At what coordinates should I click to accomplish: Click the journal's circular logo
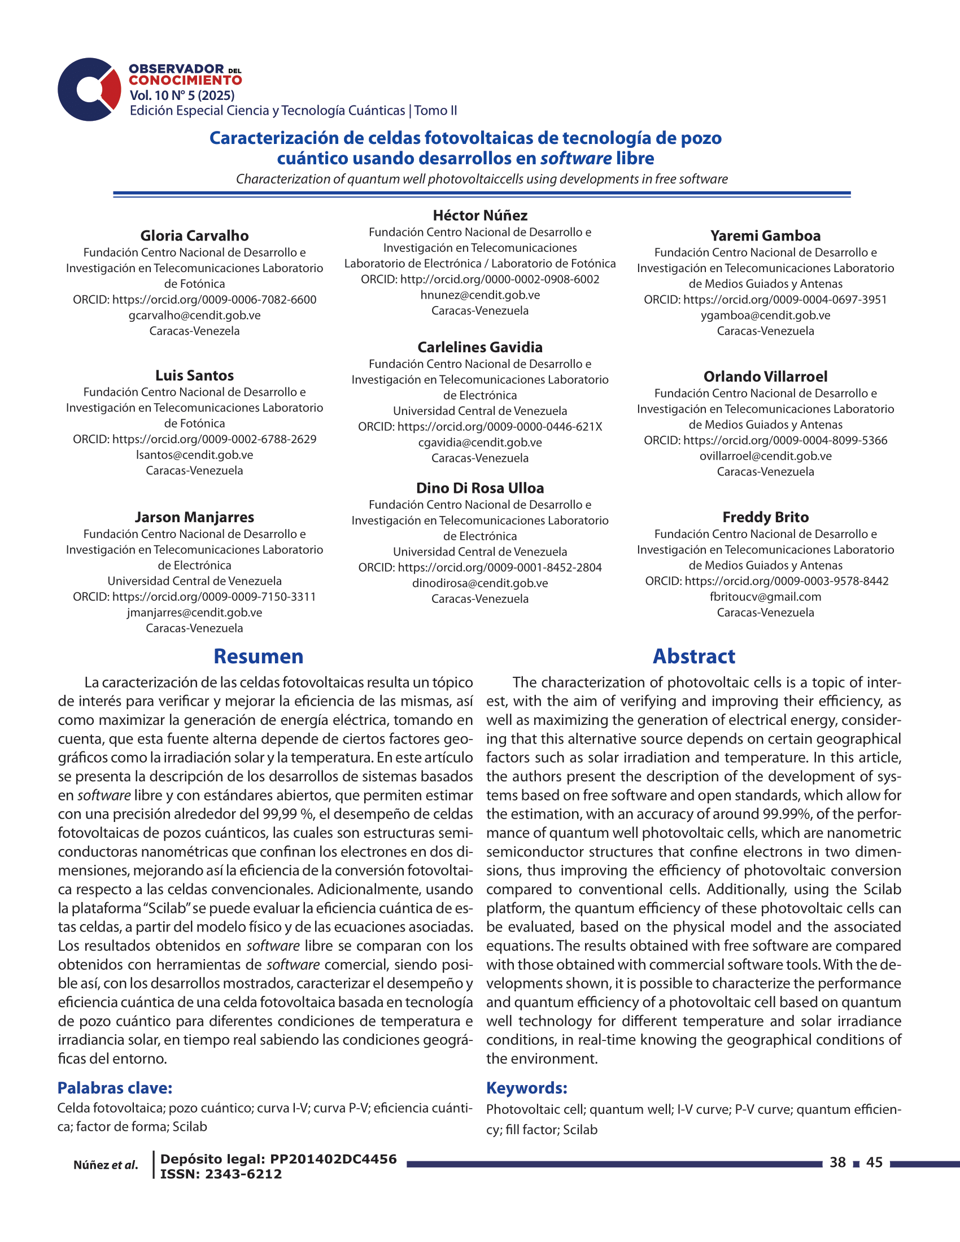coord(89,89)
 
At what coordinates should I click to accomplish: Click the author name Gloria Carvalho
coord(194,236)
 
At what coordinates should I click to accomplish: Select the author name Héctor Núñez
coord(480,216)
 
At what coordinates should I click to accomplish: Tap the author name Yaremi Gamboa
coord(765,236)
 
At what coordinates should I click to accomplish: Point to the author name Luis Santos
coord(194,376)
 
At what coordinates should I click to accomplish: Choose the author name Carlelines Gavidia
coord(480,347)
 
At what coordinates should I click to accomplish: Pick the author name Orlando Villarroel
coord(765,377)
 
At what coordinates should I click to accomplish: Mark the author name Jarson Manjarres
coord(194,518)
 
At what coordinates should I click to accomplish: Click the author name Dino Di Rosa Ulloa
coord(480,488)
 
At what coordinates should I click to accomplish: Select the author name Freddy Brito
coord(765,518)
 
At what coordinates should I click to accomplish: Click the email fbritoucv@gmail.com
coord(765,597)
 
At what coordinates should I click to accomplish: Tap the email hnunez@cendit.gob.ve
coord(480,295)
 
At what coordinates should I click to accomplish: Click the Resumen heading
coord(258,656)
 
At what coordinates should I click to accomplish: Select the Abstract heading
coord(693,656)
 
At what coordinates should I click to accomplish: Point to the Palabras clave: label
coord(115,1088)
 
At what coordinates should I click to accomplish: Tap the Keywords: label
coord(527,1088)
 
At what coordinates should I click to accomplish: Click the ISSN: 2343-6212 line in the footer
coord(221,1174)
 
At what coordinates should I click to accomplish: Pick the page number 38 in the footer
coord(837,1162)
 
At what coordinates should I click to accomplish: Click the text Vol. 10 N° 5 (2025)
coord(182,95)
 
